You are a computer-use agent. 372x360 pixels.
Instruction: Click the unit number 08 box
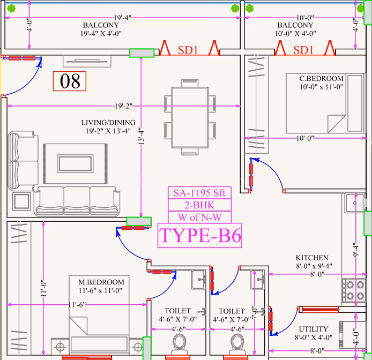tap(70, 81)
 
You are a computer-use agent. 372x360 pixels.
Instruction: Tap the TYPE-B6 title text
tap(200, 236)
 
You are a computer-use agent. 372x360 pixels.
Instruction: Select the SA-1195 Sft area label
tap(199, 193)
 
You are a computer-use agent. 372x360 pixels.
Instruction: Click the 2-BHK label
tap(199, 205)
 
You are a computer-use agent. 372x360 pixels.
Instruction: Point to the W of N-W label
tap(200, 217)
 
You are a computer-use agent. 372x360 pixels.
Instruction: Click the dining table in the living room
tap(190, 117)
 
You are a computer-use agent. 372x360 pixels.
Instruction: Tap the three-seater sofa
tap(77, 201)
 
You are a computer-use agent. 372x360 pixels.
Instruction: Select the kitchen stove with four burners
tap(353, 290)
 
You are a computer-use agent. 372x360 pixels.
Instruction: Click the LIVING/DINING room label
tap(108, 123)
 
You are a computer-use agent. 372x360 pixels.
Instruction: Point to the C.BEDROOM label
tap(322, 78)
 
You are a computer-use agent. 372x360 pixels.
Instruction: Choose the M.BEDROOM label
tap(101, 282)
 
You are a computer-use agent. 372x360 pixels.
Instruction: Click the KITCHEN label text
tap(312, 258)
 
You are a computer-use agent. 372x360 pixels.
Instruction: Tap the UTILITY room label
tap(314, 329)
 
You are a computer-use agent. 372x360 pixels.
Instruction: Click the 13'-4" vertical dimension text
tap(141, 137)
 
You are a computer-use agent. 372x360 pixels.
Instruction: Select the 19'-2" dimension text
tap(123, 106)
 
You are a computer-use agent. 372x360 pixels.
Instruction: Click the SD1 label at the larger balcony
tap(188, 50)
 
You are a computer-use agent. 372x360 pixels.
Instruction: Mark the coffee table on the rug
tap(75, 163)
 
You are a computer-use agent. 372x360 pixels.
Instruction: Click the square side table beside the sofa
tap(21, 201)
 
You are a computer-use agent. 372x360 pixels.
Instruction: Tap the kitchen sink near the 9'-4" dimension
tap(355, 203)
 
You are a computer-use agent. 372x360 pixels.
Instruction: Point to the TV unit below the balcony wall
tap(87, 61)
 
